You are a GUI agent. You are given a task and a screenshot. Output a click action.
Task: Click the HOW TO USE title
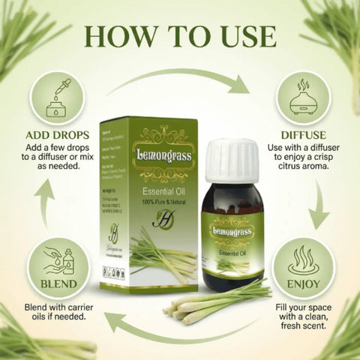[x=180, y=35]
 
